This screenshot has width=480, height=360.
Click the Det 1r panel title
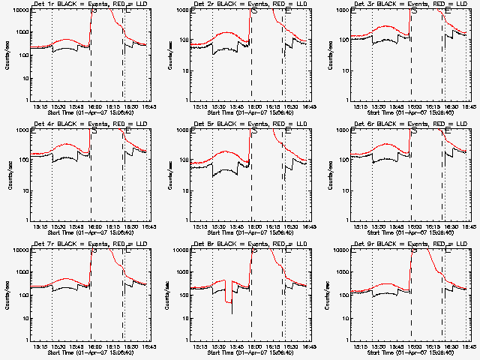pyautogui.click(x=88, y=4)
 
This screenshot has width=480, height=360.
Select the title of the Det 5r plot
pyautogui.click(x=249, y=124)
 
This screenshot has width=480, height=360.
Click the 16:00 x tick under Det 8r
pyautogui.click(x=253, y=346)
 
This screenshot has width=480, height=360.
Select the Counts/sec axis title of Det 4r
pyautogui.click(x=9, y=175)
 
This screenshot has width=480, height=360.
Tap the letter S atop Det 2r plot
pyautogui.click(x=253, y=11)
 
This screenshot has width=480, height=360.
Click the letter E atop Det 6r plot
pyautogui.click(x=447, y=131)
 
